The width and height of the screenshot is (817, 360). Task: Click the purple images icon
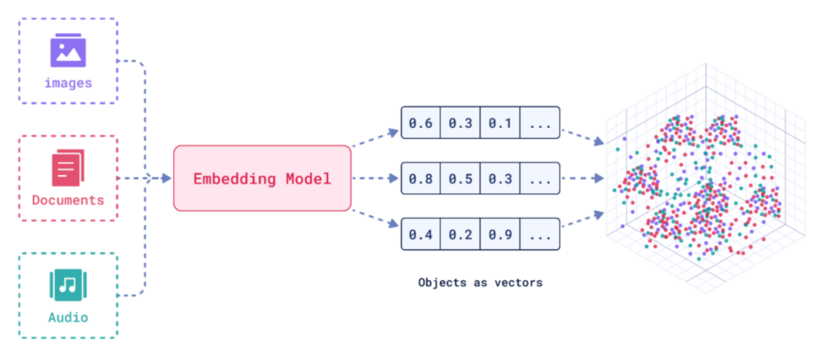[68, 50]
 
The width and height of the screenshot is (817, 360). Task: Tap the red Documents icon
[68, 168]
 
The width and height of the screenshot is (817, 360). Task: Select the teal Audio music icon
[68, 285]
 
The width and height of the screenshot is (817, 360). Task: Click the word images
[68, 83]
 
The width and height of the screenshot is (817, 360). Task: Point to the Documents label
[68, 201]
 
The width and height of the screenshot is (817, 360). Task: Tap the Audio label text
[68, 318]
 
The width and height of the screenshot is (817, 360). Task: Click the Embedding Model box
[262, 178]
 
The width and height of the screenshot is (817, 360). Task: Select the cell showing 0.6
[421, 122]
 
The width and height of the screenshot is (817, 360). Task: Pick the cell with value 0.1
[500, 122]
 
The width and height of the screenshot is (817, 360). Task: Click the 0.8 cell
[421, 178]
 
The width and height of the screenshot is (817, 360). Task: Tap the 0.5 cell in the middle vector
[460, 178]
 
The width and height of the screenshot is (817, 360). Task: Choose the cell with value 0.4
[421, 234]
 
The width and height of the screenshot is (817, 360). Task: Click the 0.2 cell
[460, 234]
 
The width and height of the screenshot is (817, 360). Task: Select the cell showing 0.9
[500, 234]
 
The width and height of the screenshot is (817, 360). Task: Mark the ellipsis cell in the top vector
[540, 122]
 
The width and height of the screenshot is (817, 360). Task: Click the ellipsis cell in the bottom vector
[540, 234]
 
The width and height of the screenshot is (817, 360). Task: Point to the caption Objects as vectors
[481, 283]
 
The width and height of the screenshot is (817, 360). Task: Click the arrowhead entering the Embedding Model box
[167, 178]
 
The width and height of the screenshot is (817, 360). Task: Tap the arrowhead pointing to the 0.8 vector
[394, 178]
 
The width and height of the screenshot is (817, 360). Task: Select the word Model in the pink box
[309, 179]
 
